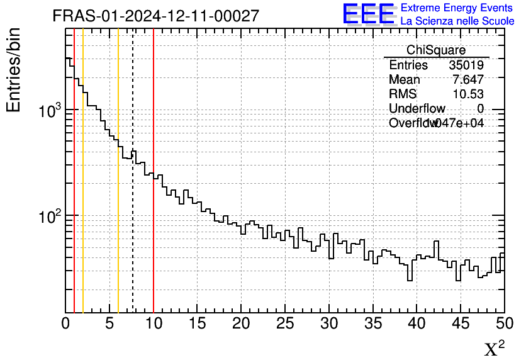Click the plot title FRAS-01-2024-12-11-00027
point(155,16)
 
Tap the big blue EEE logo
point(369,14)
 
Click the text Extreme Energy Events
point(457,8)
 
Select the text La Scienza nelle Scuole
point(457,21)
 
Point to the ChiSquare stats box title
point(436,50)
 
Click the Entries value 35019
point(466,65)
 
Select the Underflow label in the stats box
point(417,108)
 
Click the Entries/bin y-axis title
point(14,70)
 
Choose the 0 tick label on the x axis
point(66,323)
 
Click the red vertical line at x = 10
point(154,239)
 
